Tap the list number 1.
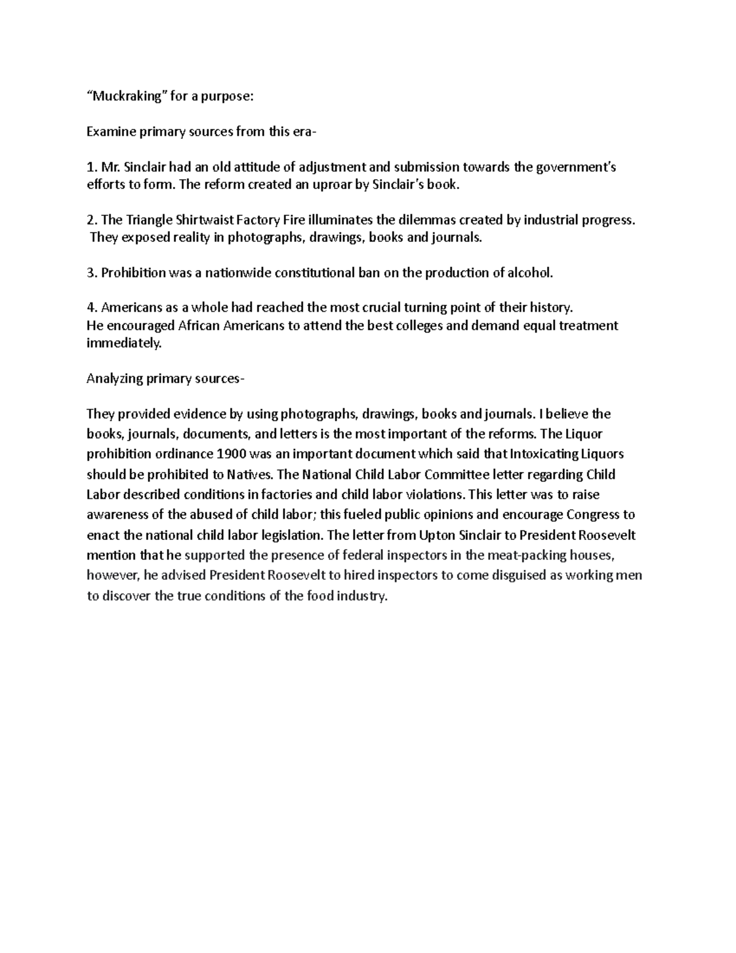91,167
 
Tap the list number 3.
91,273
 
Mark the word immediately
124,344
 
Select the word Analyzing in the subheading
114,379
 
